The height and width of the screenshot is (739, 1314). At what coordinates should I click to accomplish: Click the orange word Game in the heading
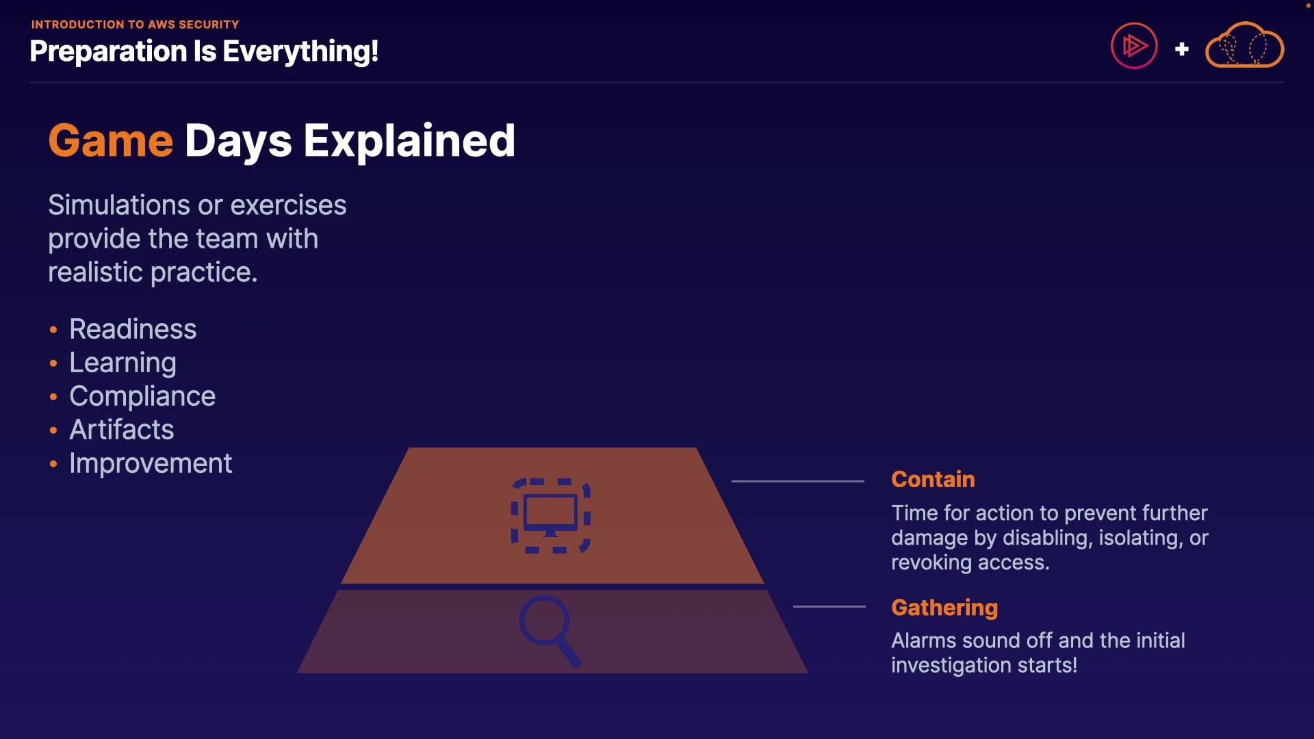(x=111, y=141)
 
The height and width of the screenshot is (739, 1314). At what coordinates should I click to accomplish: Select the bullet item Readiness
(x=133, y=329)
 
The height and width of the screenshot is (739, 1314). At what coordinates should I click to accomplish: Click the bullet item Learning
(x=123, y=363)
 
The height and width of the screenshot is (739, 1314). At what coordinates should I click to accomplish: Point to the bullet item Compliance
(x=142, y=397)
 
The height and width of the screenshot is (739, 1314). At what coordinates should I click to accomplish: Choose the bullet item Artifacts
(x=122, y=430)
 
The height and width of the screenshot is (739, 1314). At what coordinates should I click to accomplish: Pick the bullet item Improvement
(x=151, y=464)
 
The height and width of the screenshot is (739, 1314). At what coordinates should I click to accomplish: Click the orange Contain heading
(x=933, y=479)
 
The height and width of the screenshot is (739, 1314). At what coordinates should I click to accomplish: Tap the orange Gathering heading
(x=944, y=608)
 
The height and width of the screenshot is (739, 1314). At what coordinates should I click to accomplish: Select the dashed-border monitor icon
(x=551, y=516)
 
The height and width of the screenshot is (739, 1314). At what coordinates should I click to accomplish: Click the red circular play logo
(x=1134, y=46)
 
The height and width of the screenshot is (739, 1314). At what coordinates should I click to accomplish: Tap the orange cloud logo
(x=1244, y=45)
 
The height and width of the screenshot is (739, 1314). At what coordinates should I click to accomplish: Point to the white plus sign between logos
(x=1181, y=49)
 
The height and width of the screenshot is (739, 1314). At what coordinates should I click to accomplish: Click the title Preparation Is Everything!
(x=204, y=52)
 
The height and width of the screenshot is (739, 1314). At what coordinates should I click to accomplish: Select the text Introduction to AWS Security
(x=135, y=25)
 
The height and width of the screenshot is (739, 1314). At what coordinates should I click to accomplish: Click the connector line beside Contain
(x=798, y=481)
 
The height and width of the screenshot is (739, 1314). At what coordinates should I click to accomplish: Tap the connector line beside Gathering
(x=829, y=606)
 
